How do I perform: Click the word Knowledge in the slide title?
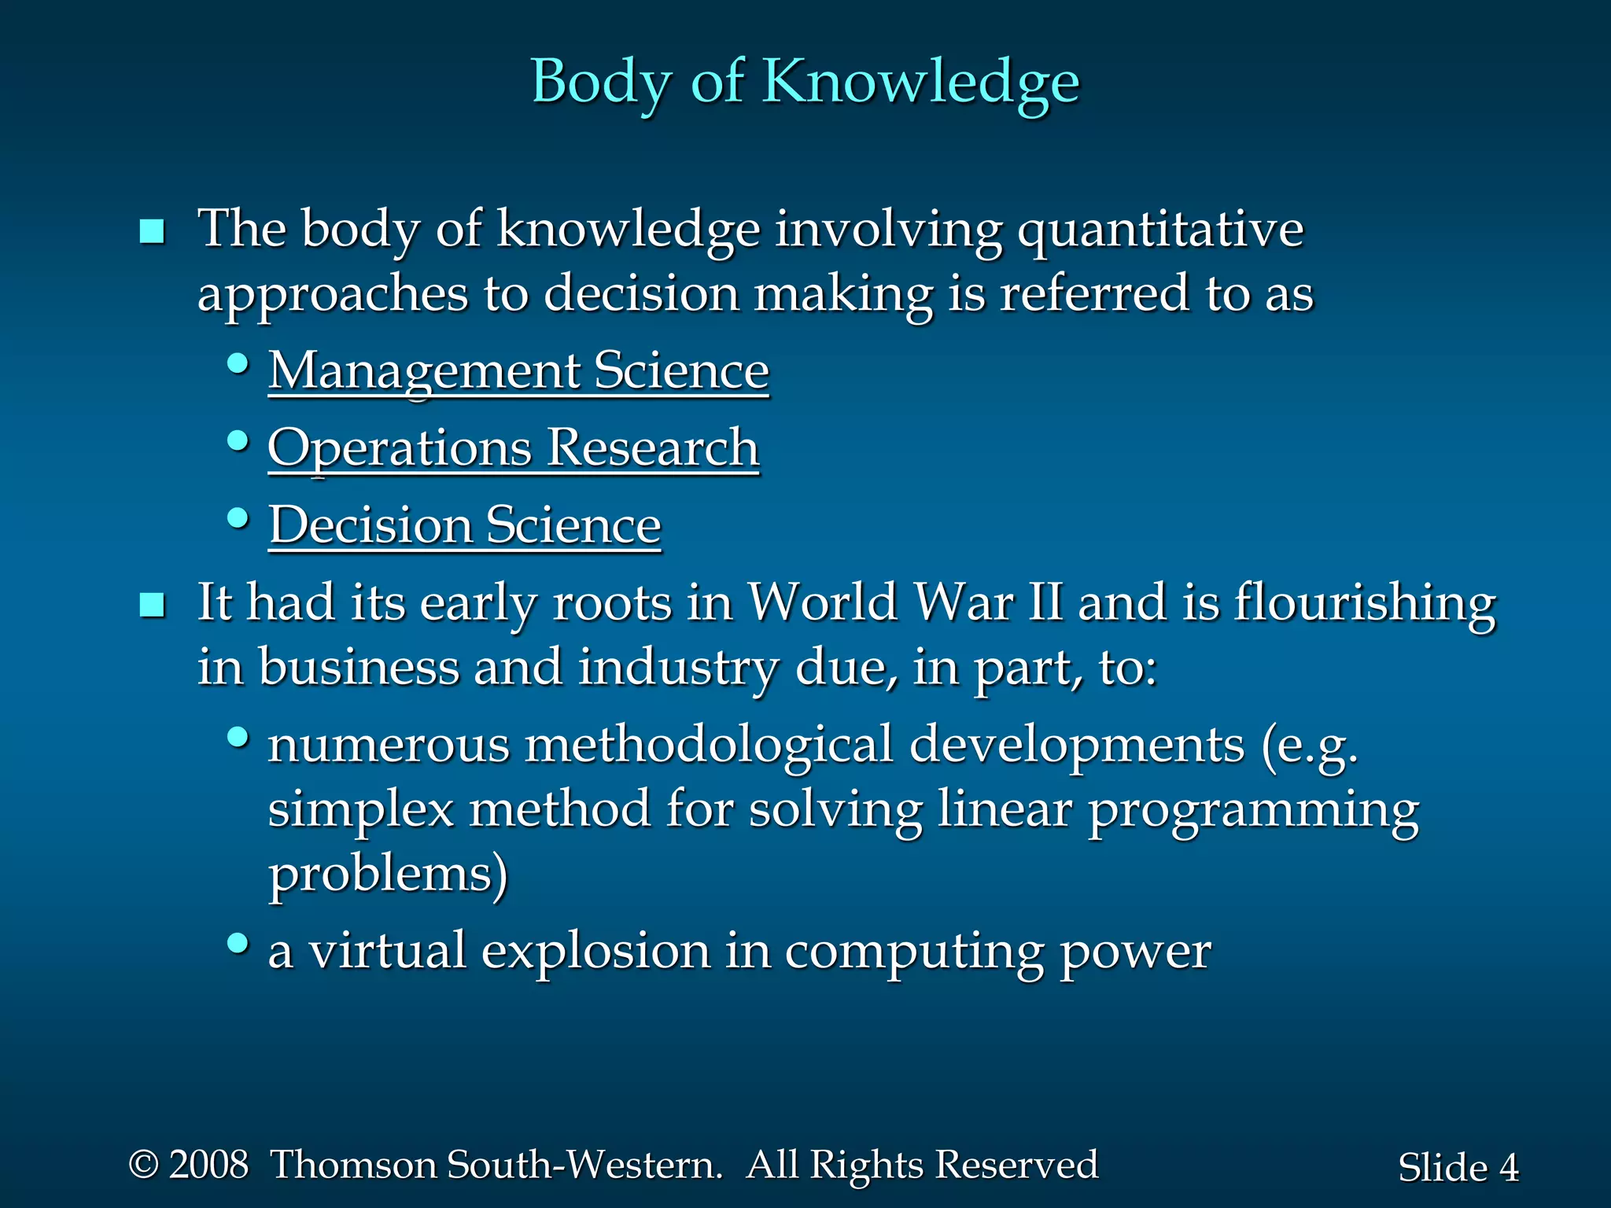point(921,81)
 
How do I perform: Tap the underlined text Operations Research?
point(514,447)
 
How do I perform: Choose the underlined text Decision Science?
point(465,525)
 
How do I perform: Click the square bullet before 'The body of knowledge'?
point(152,232)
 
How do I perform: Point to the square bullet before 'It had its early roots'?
point(152,606)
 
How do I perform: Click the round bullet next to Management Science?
point(238,364)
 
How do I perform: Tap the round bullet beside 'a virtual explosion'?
point(238,943)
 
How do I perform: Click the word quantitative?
point(1160,230)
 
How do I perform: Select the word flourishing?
point(1365,603)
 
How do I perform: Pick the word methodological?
point(709,744)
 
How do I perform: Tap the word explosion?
point(595,951)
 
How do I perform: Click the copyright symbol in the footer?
point(143,1164)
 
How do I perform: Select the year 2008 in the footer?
point(209,1165)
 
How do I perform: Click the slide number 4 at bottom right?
point(1509,1168)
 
